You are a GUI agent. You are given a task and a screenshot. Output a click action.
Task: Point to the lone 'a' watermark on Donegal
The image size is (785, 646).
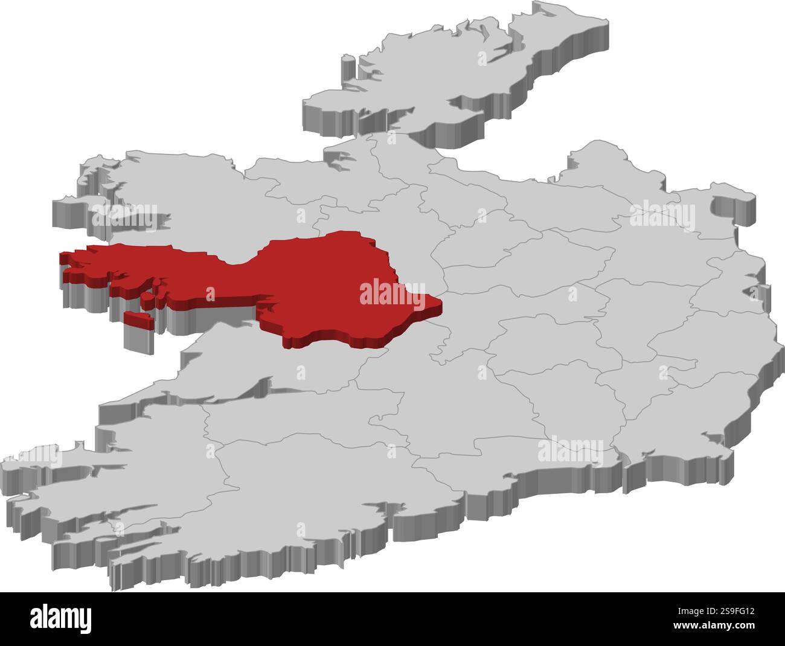point(482,59)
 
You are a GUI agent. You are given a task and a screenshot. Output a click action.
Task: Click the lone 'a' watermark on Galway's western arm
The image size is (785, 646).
point(210,294)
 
